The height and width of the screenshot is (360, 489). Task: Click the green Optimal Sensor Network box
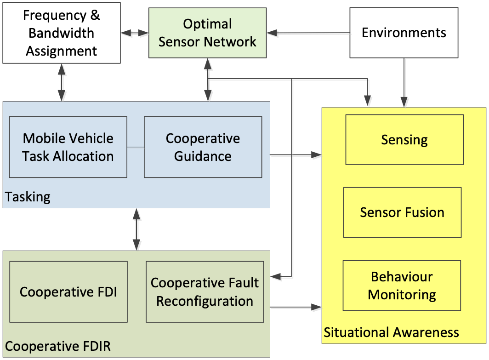[x=207, y=33]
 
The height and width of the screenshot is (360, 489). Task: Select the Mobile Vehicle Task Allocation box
[x=68, y=147]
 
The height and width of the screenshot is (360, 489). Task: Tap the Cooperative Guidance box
[x=203, y=147]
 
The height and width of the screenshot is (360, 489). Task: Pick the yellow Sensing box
[x=404, y=140]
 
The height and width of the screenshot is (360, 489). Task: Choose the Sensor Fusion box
[x=402, y=212]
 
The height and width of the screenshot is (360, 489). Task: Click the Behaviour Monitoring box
[x=402, y=286]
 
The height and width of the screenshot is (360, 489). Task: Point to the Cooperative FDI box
[x=68, y=292]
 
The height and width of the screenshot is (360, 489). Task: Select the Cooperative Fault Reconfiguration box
[x=205, y=292]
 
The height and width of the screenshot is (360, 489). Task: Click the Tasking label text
[x=28, y=197]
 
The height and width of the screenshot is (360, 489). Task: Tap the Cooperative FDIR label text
[x=58, y=346]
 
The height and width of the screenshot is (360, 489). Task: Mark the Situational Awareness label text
[x=391, y=332]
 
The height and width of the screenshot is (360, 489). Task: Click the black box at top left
[x=62, y=33]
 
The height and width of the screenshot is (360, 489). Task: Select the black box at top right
[x=404, y=33]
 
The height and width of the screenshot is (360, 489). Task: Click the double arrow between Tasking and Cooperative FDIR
[x=136, y=229]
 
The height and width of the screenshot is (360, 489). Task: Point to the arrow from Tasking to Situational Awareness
[x=296, y=156]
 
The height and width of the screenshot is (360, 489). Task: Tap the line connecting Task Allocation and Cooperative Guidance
[x=136, y=147]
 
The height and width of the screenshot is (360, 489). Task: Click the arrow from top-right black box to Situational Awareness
[x=404, y=83]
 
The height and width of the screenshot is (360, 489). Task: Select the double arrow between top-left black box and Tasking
[x=62, y=82]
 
